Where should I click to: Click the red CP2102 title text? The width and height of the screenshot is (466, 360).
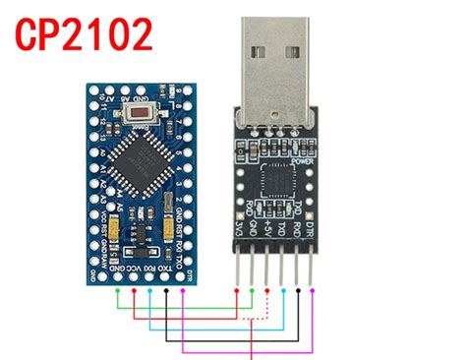85,36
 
